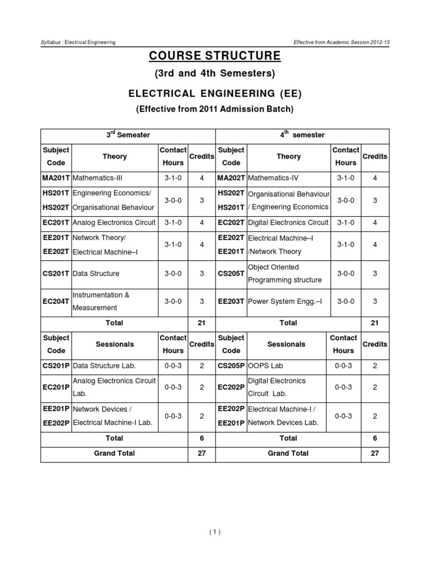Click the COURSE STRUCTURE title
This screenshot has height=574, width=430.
(x=215, y=56)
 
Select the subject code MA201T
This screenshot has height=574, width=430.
(x=56, y=178)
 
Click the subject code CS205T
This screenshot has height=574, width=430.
(x=231, y=274)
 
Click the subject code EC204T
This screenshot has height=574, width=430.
(x=56, y=301)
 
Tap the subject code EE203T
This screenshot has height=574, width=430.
(x=231, y=301)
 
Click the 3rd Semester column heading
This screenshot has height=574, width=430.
(x=128, y=135)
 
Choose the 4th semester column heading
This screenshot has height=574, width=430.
(x=302, y=135)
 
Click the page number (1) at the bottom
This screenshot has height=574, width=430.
(x=214, y=533)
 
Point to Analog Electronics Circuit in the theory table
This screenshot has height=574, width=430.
(x=114, y=222)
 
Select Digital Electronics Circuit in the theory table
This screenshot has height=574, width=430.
(x=287, y=222)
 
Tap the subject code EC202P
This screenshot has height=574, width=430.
(x=231, y=387)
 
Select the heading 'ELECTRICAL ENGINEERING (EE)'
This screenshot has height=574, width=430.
(x=215, y=92)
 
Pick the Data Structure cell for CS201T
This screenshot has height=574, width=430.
(x=96, y=274)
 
